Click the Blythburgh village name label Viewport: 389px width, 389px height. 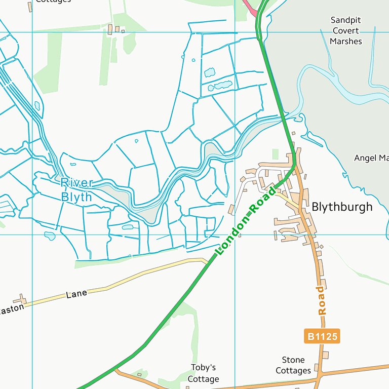342,207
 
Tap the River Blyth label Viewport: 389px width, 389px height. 76,190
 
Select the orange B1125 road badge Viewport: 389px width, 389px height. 322,336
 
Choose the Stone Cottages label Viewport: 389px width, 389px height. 293,365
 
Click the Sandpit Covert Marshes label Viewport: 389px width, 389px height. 346,30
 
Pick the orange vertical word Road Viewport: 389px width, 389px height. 321,300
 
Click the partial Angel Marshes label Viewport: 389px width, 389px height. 371,158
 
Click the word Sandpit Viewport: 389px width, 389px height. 346,20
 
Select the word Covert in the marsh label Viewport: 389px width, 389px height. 346,30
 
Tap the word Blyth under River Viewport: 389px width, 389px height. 76,197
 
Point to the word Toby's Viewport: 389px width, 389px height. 203,368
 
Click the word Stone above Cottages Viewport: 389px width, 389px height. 293,360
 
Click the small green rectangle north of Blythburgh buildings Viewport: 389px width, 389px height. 275,154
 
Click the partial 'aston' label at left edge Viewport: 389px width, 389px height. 11,309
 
